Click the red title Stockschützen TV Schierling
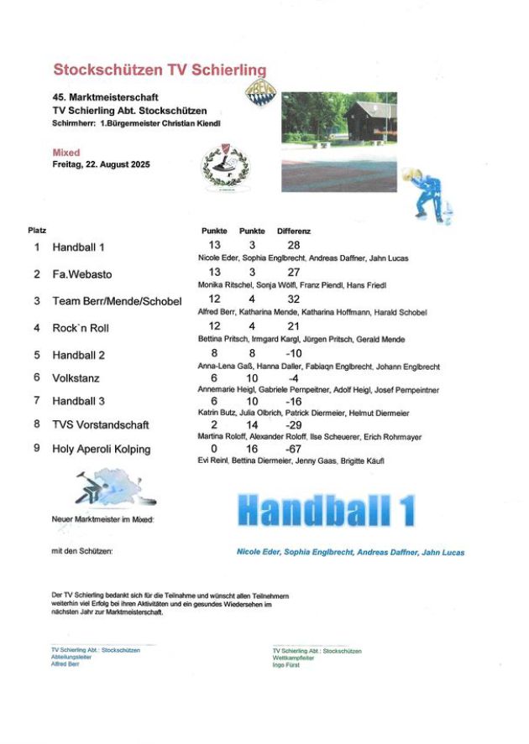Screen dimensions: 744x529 click(160, 69)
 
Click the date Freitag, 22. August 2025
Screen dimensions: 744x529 click(101, 164)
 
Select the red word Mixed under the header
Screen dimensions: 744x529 click(66, 153)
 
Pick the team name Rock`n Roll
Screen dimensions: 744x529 click(81, 328)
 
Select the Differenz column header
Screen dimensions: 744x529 click(294, 231)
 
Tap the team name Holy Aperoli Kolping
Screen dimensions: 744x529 click(102, 449)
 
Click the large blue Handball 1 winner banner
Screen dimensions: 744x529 click(325, 511)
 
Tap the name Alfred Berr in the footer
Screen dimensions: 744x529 click(65, 663)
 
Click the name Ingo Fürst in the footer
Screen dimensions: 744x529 click(287, 664)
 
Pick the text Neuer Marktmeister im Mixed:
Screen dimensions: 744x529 click(102, 520)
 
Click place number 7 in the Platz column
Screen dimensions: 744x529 click(37, 401)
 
